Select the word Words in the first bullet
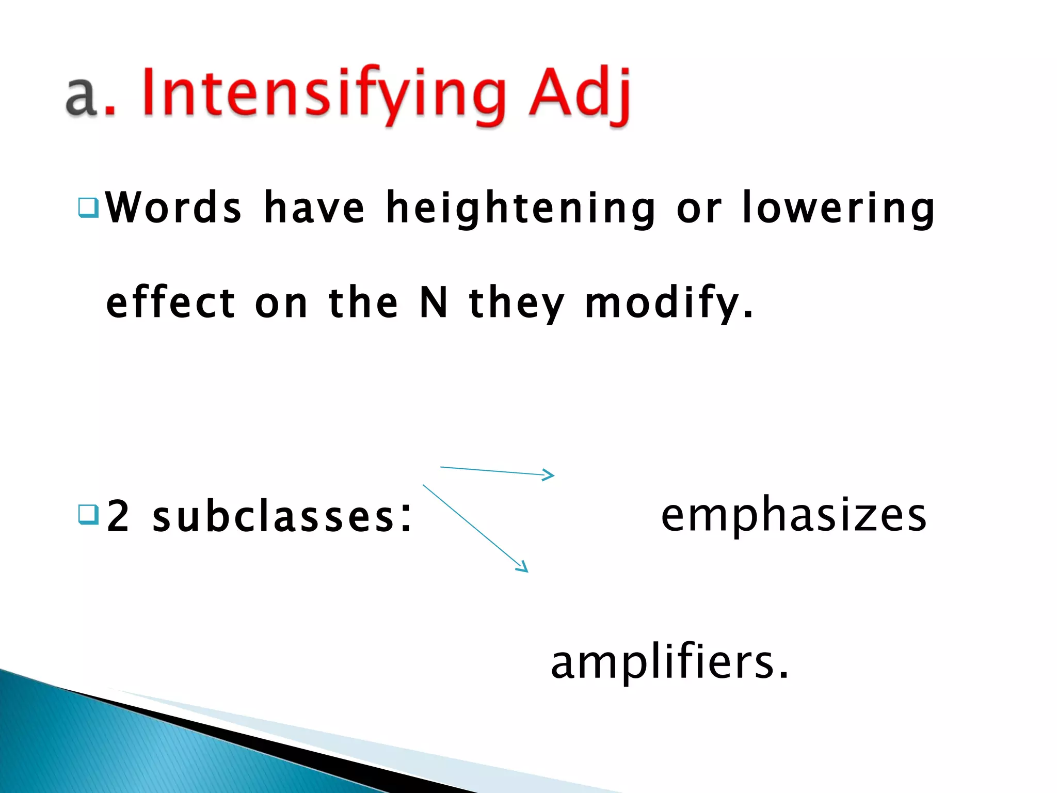(173, 207)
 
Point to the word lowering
(838, 208)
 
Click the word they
(517, 304)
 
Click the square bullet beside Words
(88, 208)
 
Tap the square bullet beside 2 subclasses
(88, 514)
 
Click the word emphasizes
(794, 515)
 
